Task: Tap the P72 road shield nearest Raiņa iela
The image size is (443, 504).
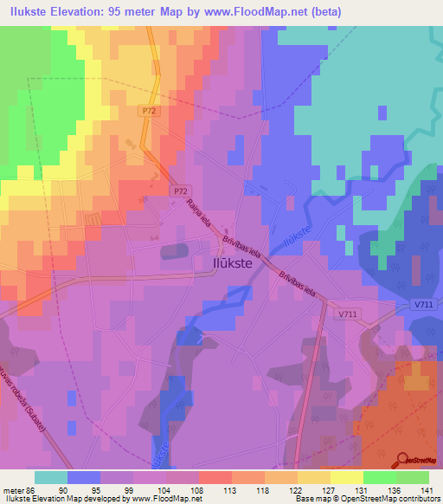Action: pyautogui.click(x=179, y=189)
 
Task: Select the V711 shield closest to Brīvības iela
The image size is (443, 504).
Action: pyautogui.click(x=349, y=315)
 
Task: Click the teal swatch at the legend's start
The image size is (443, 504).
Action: pyautogui.click(x=51, y=477)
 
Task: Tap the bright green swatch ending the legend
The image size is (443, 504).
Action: pyautogui.click(x=413, y=477)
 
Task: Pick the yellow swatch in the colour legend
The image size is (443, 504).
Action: pyautogui.click(x=347, y=477)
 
